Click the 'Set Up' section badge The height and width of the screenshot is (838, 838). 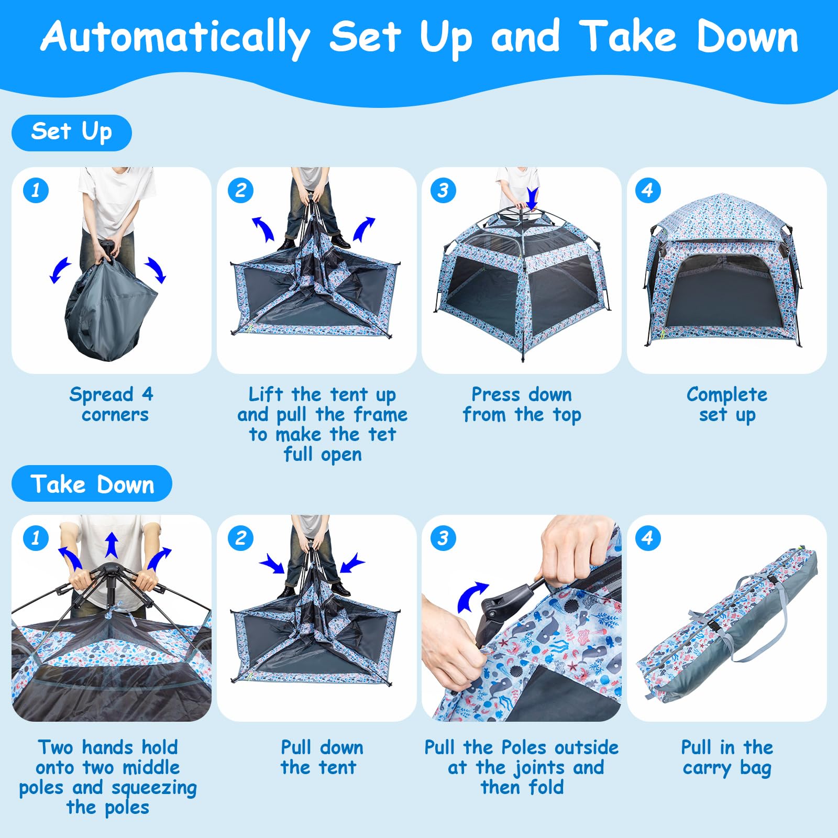point(71,133)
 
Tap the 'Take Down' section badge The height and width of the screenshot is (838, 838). point(92,483)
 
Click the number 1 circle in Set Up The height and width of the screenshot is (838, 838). point(36,190)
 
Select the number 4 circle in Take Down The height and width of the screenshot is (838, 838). point(647,538)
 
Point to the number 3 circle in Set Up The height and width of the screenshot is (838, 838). point(443,190)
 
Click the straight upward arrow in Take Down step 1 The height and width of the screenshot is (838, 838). point(112,545)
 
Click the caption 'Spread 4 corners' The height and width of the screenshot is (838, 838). point(112,404)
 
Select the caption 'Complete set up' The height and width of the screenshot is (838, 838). point(727,404)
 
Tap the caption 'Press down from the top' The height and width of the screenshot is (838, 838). point(522,404)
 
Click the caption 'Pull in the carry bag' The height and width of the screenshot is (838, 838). point(727,757)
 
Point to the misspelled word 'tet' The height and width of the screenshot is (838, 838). point(382,434)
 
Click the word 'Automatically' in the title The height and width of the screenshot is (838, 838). point(175,38)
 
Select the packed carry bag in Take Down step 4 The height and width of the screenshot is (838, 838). point(727,623)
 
